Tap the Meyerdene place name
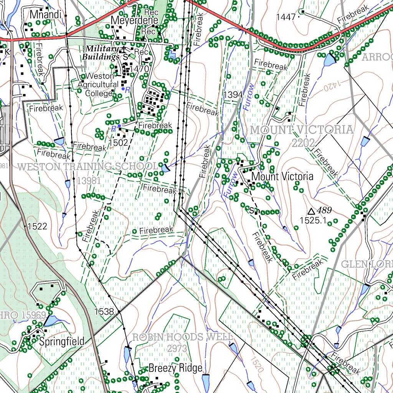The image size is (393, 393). coord(129,20)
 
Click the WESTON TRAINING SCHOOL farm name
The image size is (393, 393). coord(88,167)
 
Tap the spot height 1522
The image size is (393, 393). coord(38,226)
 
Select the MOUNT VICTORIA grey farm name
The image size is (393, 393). coord(302,130)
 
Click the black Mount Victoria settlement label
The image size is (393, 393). coord(282,177)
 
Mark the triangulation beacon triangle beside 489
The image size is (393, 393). coord(312,211)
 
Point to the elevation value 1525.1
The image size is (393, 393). coord(313,220)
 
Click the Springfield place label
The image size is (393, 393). coord(62,342)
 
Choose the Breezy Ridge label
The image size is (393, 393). coord(175,368)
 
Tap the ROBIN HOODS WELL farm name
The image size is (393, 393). coord(182,337)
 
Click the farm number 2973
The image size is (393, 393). coord(177,348)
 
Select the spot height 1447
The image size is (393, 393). coord(286,17)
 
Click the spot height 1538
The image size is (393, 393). coord(104,311)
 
